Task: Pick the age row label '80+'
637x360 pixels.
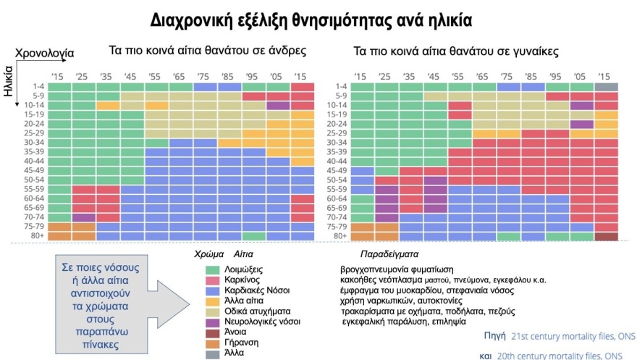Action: (x=38, y=235)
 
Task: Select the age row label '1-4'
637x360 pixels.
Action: (x=38, y=86)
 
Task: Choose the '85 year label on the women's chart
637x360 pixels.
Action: (x=531, y=76)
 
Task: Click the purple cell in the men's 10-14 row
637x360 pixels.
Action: (x=277, y=105)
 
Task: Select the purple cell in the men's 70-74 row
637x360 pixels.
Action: (x=84, y=217)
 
